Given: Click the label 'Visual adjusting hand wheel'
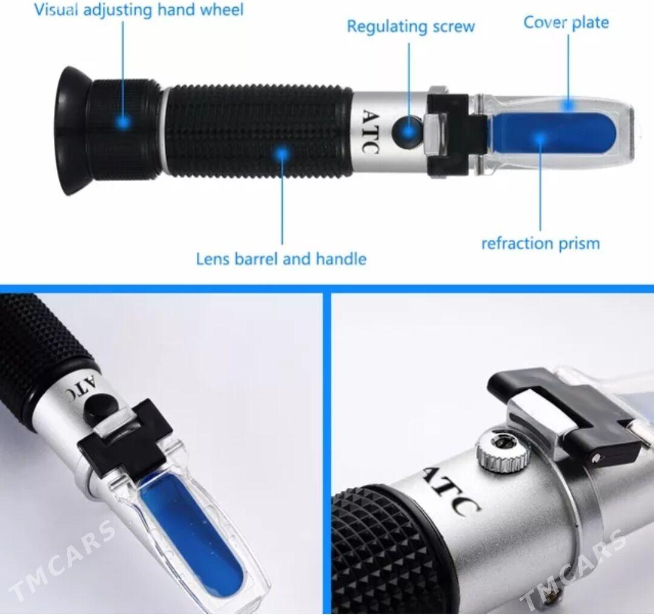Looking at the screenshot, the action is [139, 10].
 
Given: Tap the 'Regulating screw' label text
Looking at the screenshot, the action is [411, 26].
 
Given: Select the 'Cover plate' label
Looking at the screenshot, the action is [566, 22].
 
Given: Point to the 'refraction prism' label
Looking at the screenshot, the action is [541, 243].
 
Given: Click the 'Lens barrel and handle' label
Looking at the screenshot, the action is [281, 259].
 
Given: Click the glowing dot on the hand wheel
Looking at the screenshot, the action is [124, 123].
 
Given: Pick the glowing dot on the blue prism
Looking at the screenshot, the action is [540, 140].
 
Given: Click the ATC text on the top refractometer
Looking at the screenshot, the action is [369, 131].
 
